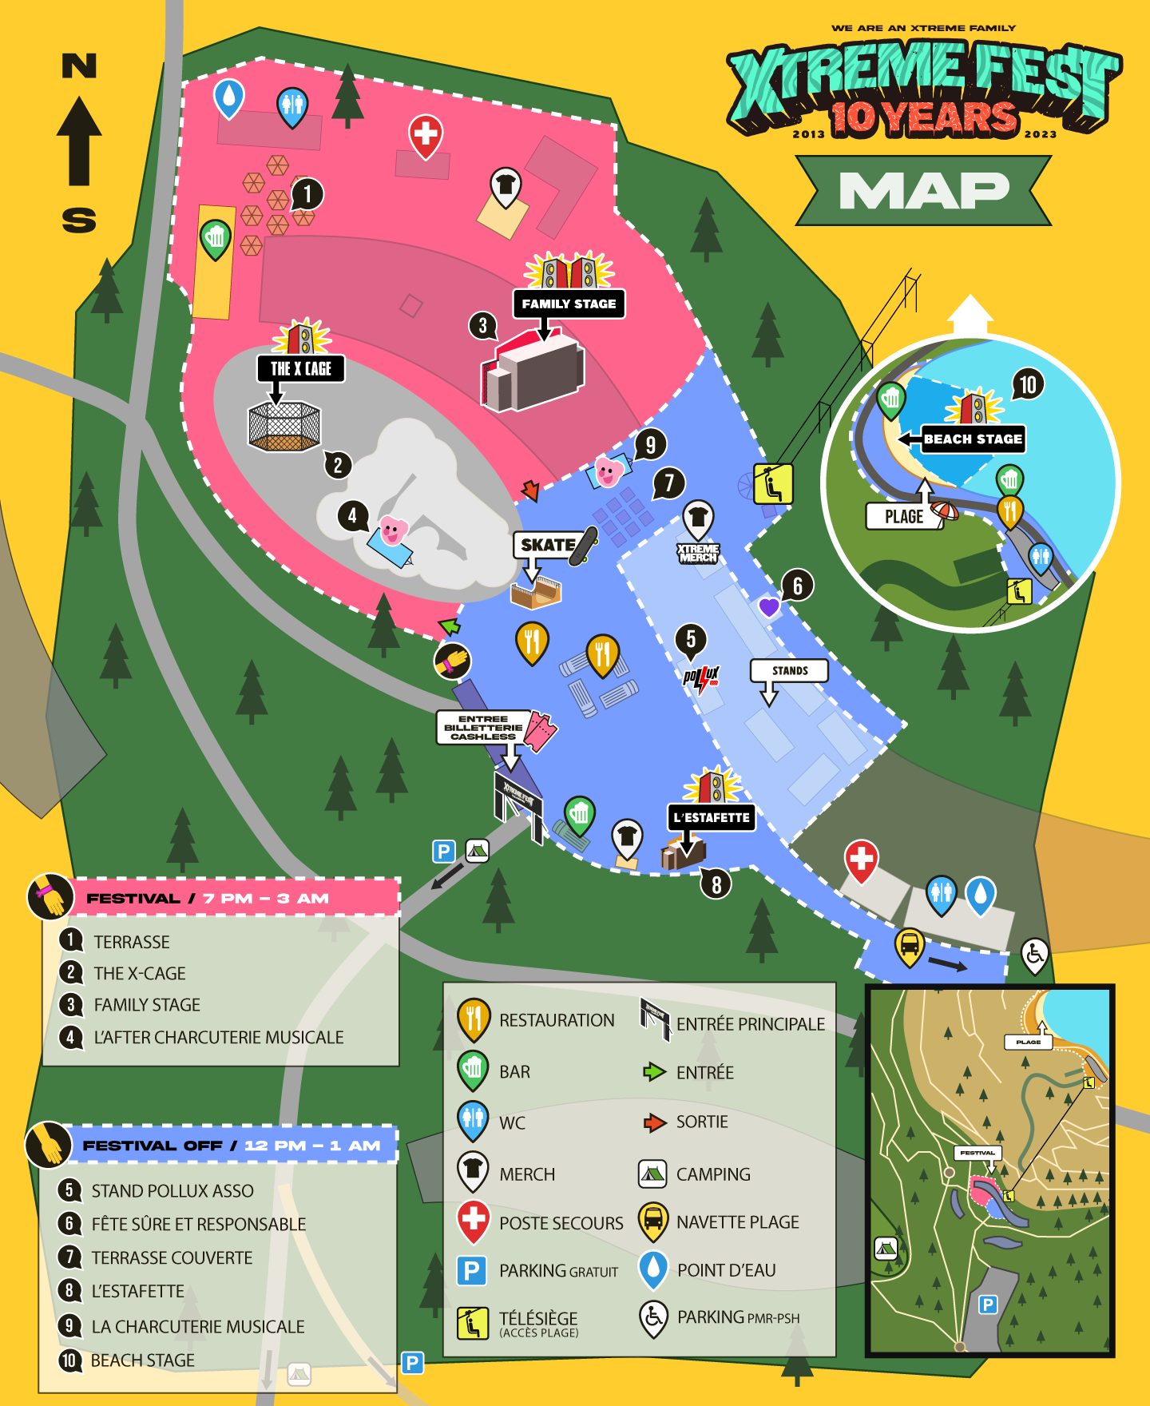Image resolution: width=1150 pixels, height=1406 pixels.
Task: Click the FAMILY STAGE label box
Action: [568, 304]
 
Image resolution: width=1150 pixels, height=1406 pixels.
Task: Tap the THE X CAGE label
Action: [300, 368]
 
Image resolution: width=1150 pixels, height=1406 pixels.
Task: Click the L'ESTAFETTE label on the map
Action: [711, 817]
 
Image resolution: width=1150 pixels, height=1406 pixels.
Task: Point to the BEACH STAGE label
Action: [973, 439]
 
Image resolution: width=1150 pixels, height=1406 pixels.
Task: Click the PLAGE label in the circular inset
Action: [903, 516]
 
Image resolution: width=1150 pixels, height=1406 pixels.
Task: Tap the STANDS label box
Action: [789, 670]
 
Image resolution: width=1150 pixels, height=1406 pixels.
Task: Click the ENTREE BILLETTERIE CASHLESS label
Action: [483, 727]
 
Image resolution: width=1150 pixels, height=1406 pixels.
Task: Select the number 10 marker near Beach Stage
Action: [1028, 385]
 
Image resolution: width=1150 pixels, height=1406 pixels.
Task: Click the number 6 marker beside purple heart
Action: [797, 586]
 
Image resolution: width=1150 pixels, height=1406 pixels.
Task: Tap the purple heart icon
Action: [768, 607]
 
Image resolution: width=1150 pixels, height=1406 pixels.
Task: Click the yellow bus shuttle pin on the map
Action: [909, 946]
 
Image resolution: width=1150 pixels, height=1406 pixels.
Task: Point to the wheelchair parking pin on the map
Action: [1034, 954]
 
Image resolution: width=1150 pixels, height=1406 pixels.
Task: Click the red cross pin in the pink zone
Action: [426, 133]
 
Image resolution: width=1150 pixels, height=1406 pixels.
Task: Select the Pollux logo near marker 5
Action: [701, 679]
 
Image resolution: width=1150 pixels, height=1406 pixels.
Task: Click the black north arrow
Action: [79, 141]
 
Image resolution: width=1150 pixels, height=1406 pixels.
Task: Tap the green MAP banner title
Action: [923, 191]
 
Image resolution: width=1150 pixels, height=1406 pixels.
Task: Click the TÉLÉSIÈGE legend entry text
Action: [537, 1319]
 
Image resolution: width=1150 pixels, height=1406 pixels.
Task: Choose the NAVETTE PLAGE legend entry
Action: [737, 1222]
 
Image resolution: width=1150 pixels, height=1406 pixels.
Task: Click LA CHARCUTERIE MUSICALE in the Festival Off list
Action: [197, 1326]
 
